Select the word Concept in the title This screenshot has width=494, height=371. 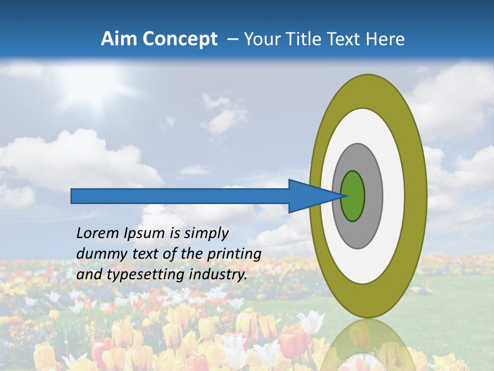coord(180,39)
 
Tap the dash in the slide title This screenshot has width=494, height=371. coord(232,40)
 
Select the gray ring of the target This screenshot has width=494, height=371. coord(373,196)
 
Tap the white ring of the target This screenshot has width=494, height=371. coord(394,196)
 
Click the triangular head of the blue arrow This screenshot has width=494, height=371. coord(309,196)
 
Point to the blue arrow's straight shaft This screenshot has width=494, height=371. coord(180,196)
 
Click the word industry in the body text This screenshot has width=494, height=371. coord(218,275)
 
